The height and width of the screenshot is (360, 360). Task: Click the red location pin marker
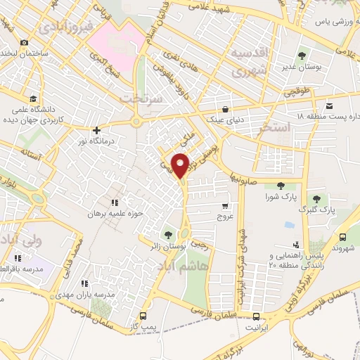(x=181, y=165)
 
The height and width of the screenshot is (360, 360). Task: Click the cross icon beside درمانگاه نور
(x=96, y=130)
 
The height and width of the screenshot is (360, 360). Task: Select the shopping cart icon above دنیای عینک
(x=224, y=109)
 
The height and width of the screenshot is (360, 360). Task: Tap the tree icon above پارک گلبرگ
(x=318, y=198)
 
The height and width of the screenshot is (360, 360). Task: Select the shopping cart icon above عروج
(x=224, y=207)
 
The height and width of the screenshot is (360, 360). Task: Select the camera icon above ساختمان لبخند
(x=25, y=42)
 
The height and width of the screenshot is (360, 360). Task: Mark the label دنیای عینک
(x=224, y=121)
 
